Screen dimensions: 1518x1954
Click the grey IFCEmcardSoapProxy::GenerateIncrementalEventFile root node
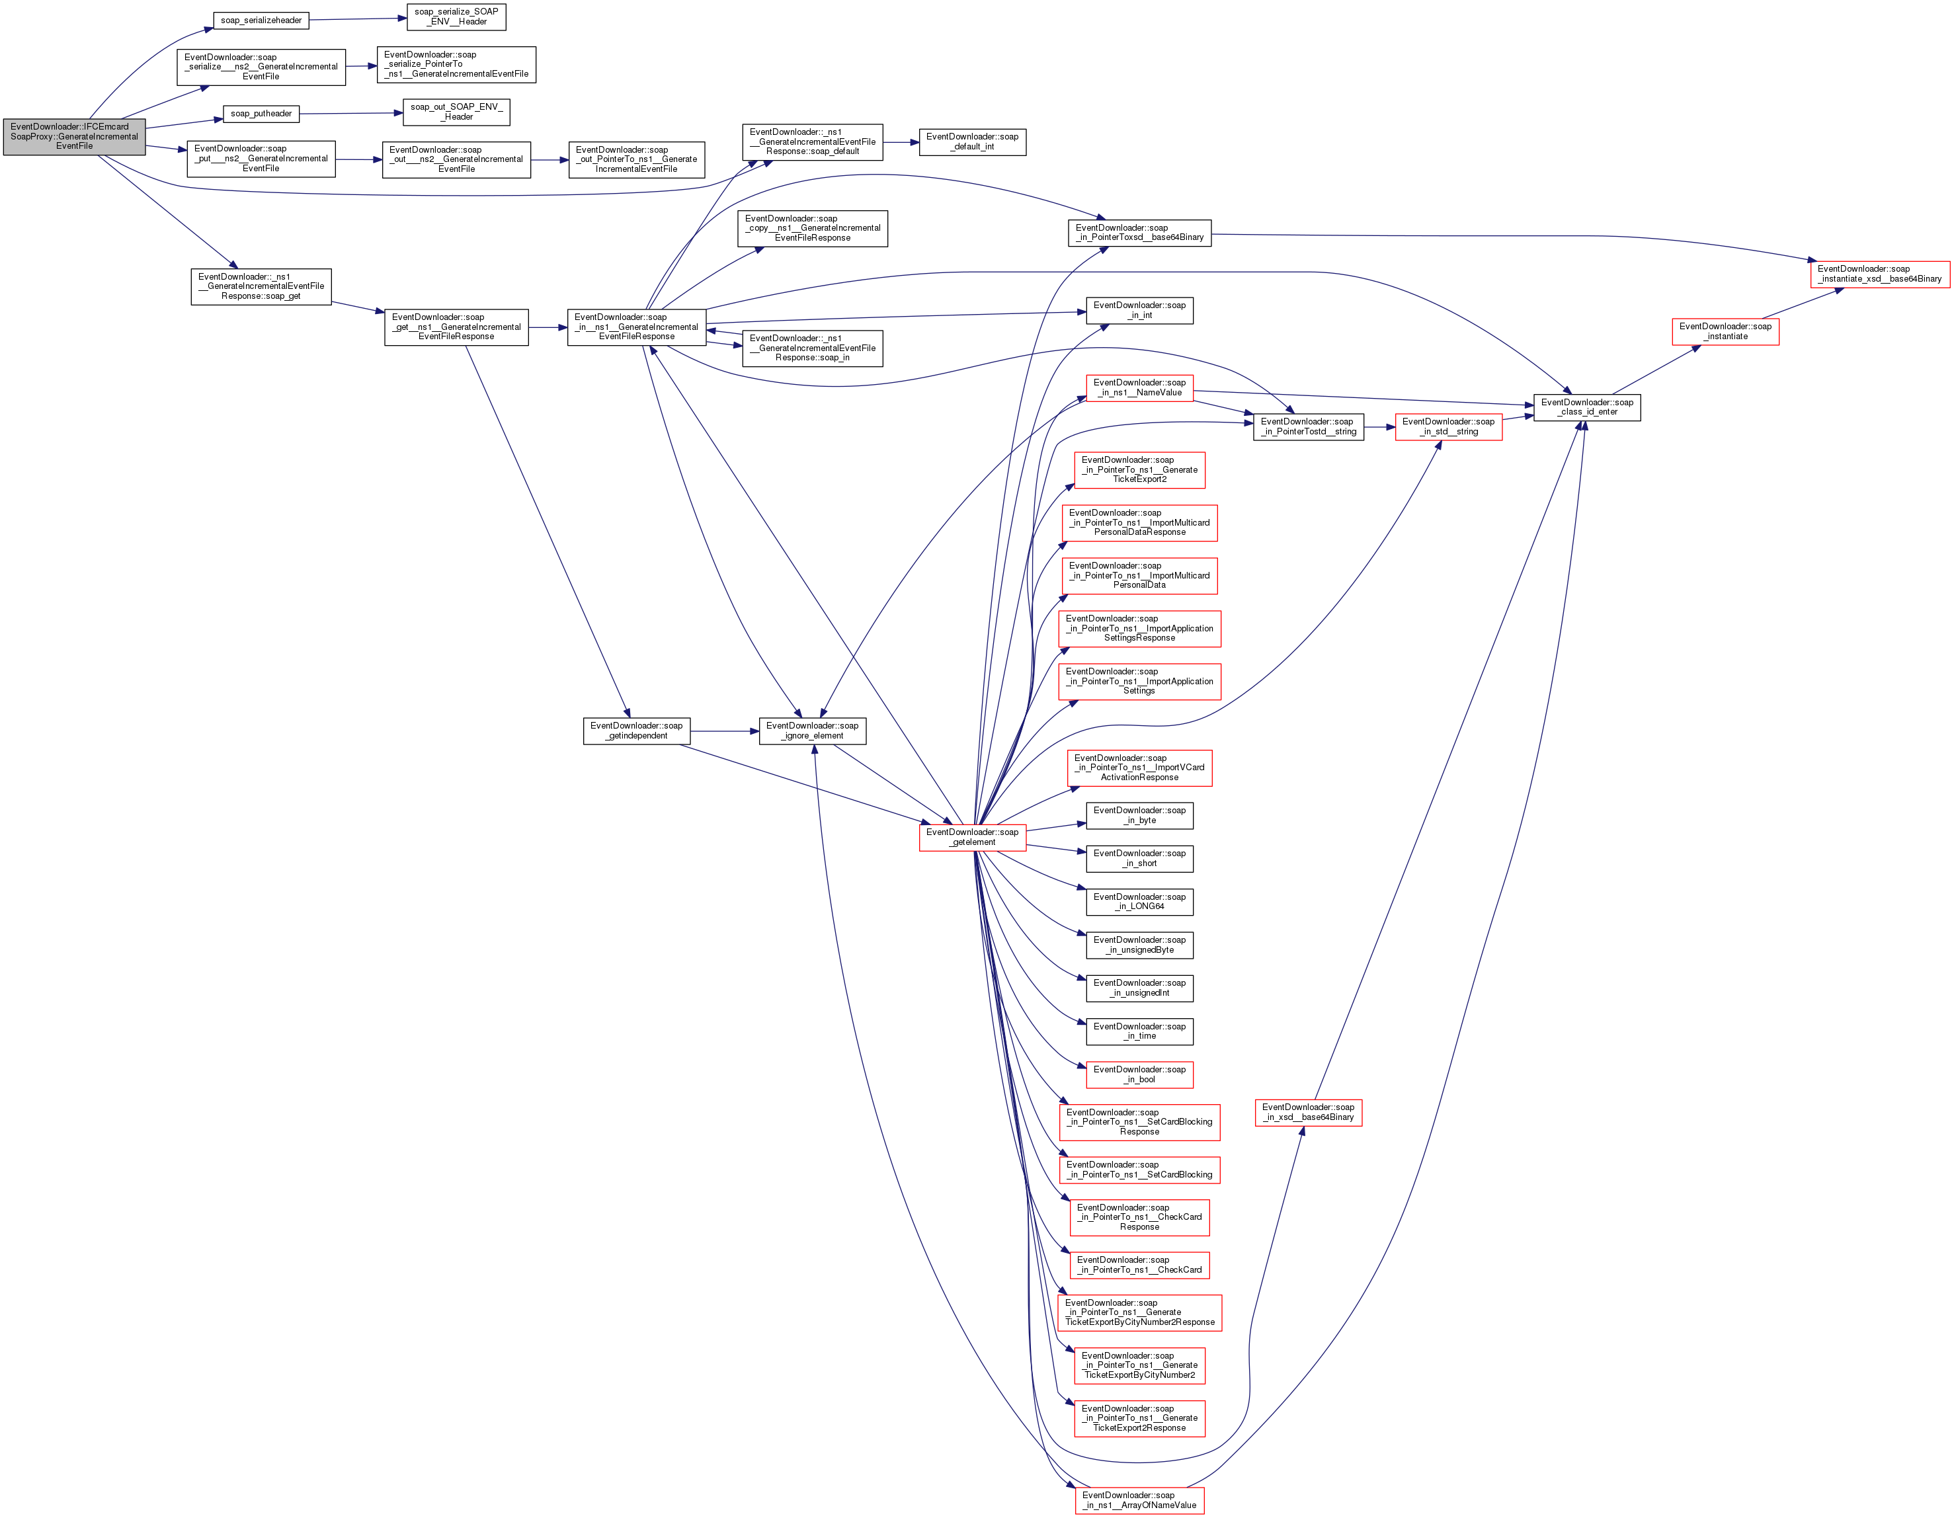(x=74, y=137)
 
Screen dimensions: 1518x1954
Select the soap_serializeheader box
(x=261, y=20)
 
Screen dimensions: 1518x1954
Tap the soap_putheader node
(x=261, y=114)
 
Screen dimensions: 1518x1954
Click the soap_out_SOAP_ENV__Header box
(x=456, y=112)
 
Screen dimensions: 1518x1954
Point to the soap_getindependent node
(x=636, y=731)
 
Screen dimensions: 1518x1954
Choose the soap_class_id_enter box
(x=1586, y=407)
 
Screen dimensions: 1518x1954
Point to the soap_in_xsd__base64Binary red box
(x=1307, y=1112)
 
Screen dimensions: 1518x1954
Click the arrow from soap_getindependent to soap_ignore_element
(x=725, y=732)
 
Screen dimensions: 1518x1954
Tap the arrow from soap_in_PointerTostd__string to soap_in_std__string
(x=1379, y=428)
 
